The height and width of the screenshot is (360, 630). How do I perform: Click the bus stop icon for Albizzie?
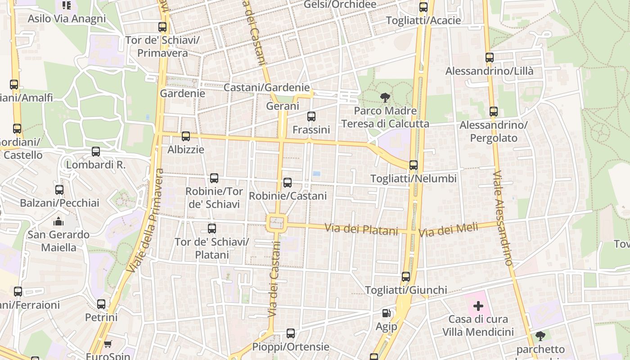click(185, 136)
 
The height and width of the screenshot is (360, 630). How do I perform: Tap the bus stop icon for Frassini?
click(311, 117)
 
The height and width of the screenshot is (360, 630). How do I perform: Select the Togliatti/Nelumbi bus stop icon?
click(414, 165)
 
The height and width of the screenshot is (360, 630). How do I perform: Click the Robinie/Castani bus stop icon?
click(287, 182)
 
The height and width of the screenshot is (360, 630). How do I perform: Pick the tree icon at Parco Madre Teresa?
click(385, 97)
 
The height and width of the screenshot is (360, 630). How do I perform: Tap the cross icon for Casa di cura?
click(478, 306)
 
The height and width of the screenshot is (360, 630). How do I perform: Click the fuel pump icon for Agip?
click(386, 313)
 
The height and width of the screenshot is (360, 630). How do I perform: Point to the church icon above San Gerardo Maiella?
click(58, 221)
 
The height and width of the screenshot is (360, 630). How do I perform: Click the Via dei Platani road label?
click(362, 229)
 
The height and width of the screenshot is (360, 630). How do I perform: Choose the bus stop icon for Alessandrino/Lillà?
click(489, 58)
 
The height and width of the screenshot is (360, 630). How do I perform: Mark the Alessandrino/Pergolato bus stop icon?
click(494, 111)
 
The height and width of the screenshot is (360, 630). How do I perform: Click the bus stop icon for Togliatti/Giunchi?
click(406, 276)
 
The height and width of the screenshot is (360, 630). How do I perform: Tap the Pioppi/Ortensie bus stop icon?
click(291, 333)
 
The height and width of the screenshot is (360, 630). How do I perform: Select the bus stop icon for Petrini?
click(101, 304)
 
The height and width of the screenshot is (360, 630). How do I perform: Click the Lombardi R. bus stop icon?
click(96, 152)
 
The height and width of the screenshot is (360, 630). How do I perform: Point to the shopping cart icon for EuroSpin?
click(108, 344)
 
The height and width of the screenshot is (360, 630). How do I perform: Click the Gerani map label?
click(283, 106)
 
